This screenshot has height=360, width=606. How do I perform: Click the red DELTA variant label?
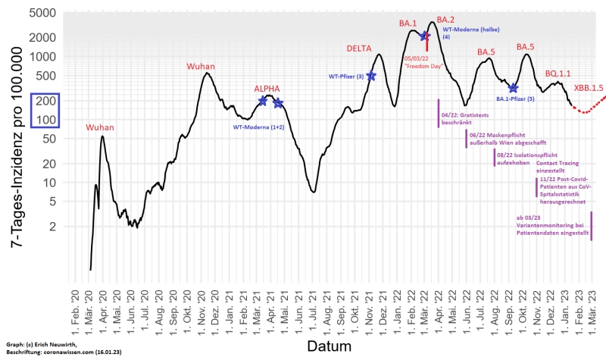point(359,49)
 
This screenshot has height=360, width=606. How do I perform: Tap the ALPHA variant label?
point(267,89)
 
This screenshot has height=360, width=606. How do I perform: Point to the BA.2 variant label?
point(445,19)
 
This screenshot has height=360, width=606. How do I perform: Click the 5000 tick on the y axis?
point(48,13)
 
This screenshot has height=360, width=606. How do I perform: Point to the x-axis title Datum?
point(330,347)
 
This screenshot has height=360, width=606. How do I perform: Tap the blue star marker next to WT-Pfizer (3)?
point(371,76)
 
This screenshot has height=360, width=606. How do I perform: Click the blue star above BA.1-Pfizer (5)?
point(514,89)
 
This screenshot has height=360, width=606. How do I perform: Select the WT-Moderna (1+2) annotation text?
point(261,127)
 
